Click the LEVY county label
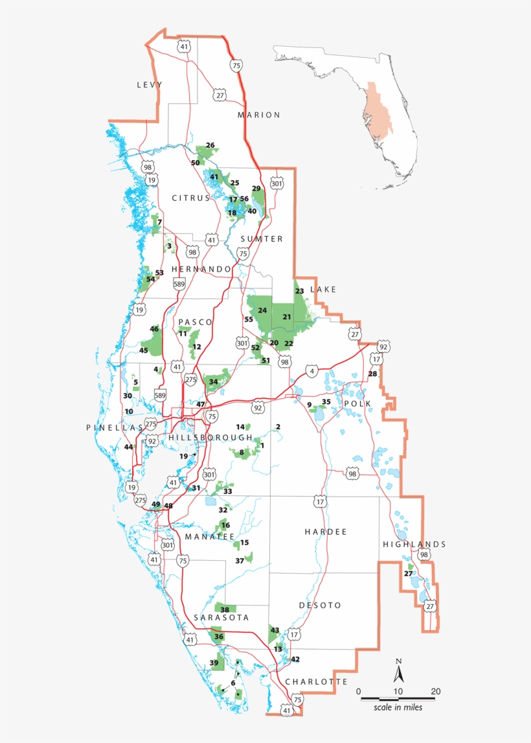pyautogui.click(x=149, y=85)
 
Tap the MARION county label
pyautogui.click(x=258, y=115)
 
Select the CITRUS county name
pyautogui.click(x=191, y=198)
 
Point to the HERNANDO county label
pyautogui.click(x=201, y=268)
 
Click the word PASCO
pyautogui.click(x=191, y=322)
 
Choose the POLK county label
pyautogui.click(x=358, y=403)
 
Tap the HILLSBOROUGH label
pyautogui.click(x=210, y=438)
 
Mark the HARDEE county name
pyautogui.click(x=326, y=532)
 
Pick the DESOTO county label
pyautogui.click(x=320, y=605)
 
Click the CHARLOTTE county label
pyautogui.click(x=316, y=681)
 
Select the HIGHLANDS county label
pyautogui.click(x=414, y=544)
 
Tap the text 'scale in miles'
pyautogui.click(x=398, y=707)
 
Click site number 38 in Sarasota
pyautogui.click(x=225, y=609)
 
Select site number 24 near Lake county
pyautogui.click(x=262, y=311)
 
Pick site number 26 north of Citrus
pyautogui.click(x=210, y=145)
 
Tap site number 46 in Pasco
pyautogui.click(x=154, y=329)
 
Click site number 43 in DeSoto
pyautogui.click(x=275, y=630)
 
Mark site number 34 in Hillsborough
pyautogui.click(x=213, y=382)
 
